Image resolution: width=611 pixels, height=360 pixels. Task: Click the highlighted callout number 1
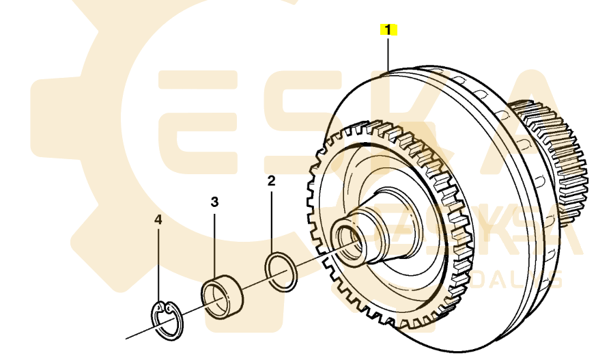point(388,29)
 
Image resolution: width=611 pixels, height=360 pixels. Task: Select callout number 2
point(271,181)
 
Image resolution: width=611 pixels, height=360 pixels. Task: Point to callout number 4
point(158,220)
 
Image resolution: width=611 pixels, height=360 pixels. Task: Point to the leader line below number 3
point(214,243)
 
